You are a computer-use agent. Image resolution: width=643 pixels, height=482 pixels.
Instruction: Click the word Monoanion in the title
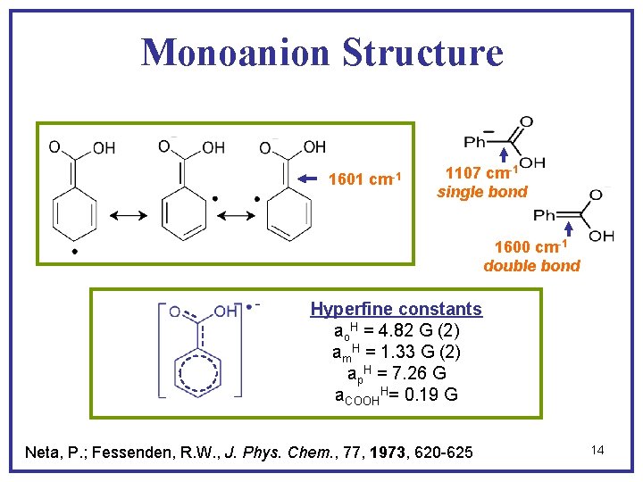pyautogui.click(x=229, y=52)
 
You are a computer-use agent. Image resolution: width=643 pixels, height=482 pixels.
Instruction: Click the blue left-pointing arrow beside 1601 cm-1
pyautogui.click(x=307, y=179)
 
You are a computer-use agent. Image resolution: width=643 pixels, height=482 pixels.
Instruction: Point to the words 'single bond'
pyautogui.click(x=482, y=192)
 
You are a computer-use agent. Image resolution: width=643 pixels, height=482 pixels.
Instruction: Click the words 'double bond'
pyautogui.click(x=531, y=265)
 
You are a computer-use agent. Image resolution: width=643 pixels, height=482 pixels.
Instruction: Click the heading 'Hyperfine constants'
pyautogui.click(x=396, y=309)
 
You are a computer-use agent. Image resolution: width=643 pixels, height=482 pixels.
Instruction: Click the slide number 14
pyautogui.click(x=597, y=450)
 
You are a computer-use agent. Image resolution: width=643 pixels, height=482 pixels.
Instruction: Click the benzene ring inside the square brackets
pyautogui.click(x=201, y=374)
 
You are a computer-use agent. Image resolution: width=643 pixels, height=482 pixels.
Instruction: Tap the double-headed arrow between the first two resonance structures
pyautogui.click(x=129, y=217)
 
